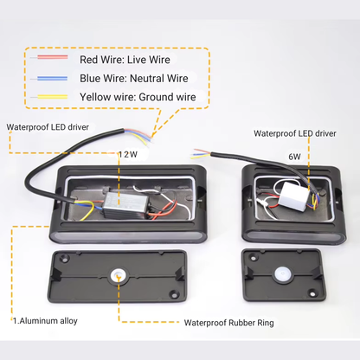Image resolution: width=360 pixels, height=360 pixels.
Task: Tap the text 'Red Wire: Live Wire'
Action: [x=125, y=60]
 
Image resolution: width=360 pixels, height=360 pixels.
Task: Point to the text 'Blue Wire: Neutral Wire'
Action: [x=134, y=78]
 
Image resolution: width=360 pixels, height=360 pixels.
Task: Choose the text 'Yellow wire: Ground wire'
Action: [x=138, y=97]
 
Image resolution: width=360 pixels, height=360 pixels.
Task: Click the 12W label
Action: [x=128, y=154]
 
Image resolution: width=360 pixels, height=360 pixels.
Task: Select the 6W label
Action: [x=294, y=157]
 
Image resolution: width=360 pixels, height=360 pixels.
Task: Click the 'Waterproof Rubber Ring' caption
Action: [x=228, y=323]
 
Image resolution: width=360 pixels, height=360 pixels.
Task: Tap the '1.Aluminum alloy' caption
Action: [x=45, y=321]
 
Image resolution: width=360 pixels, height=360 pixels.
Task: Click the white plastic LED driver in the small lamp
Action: [x=293, y=196]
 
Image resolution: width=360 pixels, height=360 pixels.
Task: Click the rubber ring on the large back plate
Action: [x=119, y=275]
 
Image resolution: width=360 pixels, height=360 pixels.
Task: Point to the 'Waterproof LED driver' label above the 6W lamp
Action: [x=295, y=133]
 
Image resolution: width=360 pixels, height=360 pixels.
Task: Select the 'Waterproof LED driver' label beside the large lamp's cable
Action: [x=48, y=127]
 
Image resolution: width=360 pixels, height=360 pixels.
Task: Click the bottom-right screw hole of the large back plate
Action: [x=174, y=293]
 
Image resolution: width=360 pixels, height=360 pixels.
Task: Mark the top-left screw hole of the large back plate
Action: [x=66, y=258]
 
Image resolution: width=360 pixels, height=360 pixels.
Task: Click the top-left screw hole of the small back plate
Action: [x=253, y=256]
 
